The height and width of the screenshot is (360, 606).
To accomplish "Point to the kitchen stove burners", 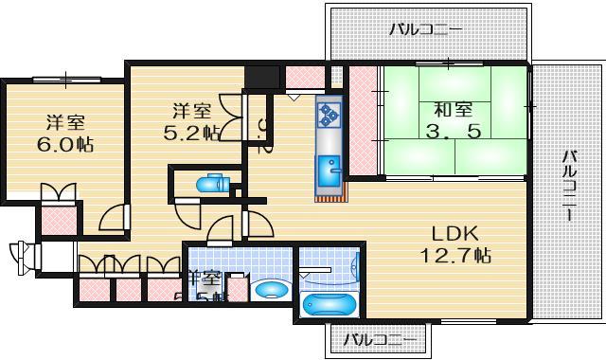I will click(x=330, y=116).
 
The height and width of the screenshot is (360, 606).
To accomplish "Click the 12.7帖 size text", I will click(x=456, y=255).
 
